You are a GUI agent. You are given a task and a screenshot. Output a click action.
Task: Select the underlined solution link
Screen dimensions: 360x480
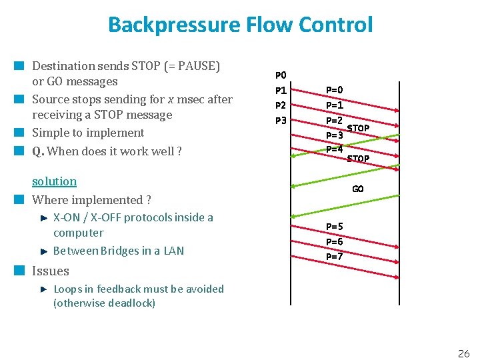[54, 181]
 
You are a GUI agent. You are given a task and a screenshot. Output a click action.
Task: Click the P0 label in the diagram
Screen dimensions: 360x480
[281, 75]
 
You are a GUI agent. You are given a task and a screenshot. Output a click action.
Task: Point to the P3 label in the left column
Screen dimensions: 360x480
[281, 121]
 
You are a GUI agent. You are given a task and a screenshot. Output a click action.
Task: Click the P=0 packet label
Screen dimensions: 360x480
[334, 90]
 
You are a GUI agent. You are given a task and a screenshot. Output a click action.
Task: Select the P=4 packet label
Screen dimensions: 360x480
[334, 149]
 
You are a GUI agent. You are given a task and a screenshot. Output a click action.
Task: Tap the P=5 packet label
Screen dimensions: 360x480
[334, 227]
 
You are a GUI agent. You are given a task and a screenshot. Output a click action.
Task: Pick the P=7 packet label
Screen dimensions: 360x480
[334, 256]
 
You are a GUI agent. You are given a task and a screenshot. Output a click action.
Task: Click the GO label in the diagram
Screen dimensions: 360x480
[358, 189]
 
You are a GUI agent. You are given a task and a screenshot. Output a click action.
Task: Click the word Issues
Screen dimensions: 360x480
[51, 271]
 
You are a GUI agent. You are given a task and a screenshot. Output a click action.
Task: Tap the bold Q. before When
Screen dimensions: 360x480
[38, 151]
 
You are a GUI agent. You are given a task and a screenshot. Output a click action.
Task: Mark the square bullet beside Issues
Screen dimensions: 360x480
[20, 271]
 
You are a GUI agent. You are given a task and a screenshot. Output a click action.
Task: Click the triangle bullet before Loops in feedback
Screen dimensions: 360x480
[43, 289]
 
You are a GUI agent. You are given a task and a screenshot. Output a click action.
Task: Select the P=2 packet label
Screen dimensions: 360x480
[334, 120]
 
